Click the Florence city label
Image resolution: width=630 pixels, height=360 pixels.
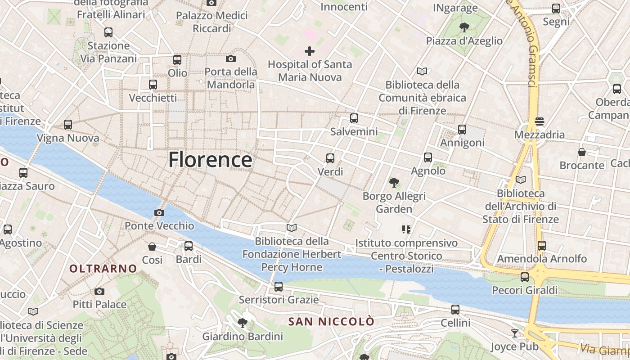click(210, 160)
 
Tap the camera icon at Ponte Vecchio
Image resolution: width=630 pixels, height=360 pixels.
click(159, 212)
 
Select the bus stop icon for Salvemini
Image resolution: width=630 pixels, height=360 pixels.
click(354, 118)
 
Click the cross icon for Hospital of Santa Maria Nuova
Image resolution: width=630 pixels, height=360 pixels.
click(310, 51)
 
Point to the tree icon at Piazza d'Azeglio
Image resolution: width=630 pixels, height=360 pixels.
click(464, 27)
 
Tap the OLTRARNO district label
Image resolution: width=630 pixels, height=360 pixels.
click(103, 269)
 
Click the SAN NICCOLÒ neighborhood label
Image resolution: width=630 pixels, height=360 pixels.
click(331, 322)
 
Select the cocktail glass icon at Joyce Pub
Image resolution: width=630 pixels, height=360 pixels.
click(515, 333)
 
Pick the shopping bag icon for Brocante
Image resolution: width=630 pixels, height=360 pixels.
click(582, 152)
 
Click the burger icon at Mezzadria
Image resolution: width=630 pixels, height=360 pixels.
click(539, 121)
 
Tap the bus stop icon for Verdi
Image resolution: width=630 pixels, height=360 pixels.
click(330, 158)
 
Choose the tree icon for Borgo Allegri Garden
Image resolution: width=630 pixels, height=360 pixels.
click(394, 183)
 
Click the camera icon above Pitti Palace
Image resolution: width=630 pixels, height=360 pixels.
click(99, 291)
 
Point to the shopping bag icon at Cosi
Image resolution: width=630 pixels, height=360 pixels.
click(152, 247)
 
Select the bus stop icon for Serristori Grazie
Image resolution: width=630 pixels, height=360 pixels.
click(279, 286)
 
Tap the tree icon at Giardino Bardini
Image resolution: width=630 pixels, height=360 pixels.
click(243, 323)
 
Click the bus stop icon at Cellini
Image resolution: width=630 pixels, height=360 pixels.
click(455, 310)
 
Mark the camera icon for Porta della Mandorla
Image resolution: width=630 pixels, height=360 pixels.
click(231, 58)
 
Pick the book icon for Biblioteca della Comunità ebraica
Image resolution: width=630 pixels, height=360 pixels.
click(422, 71)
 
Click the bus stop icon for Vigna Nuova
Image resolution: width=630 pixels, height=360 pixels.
click(68, 125)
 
